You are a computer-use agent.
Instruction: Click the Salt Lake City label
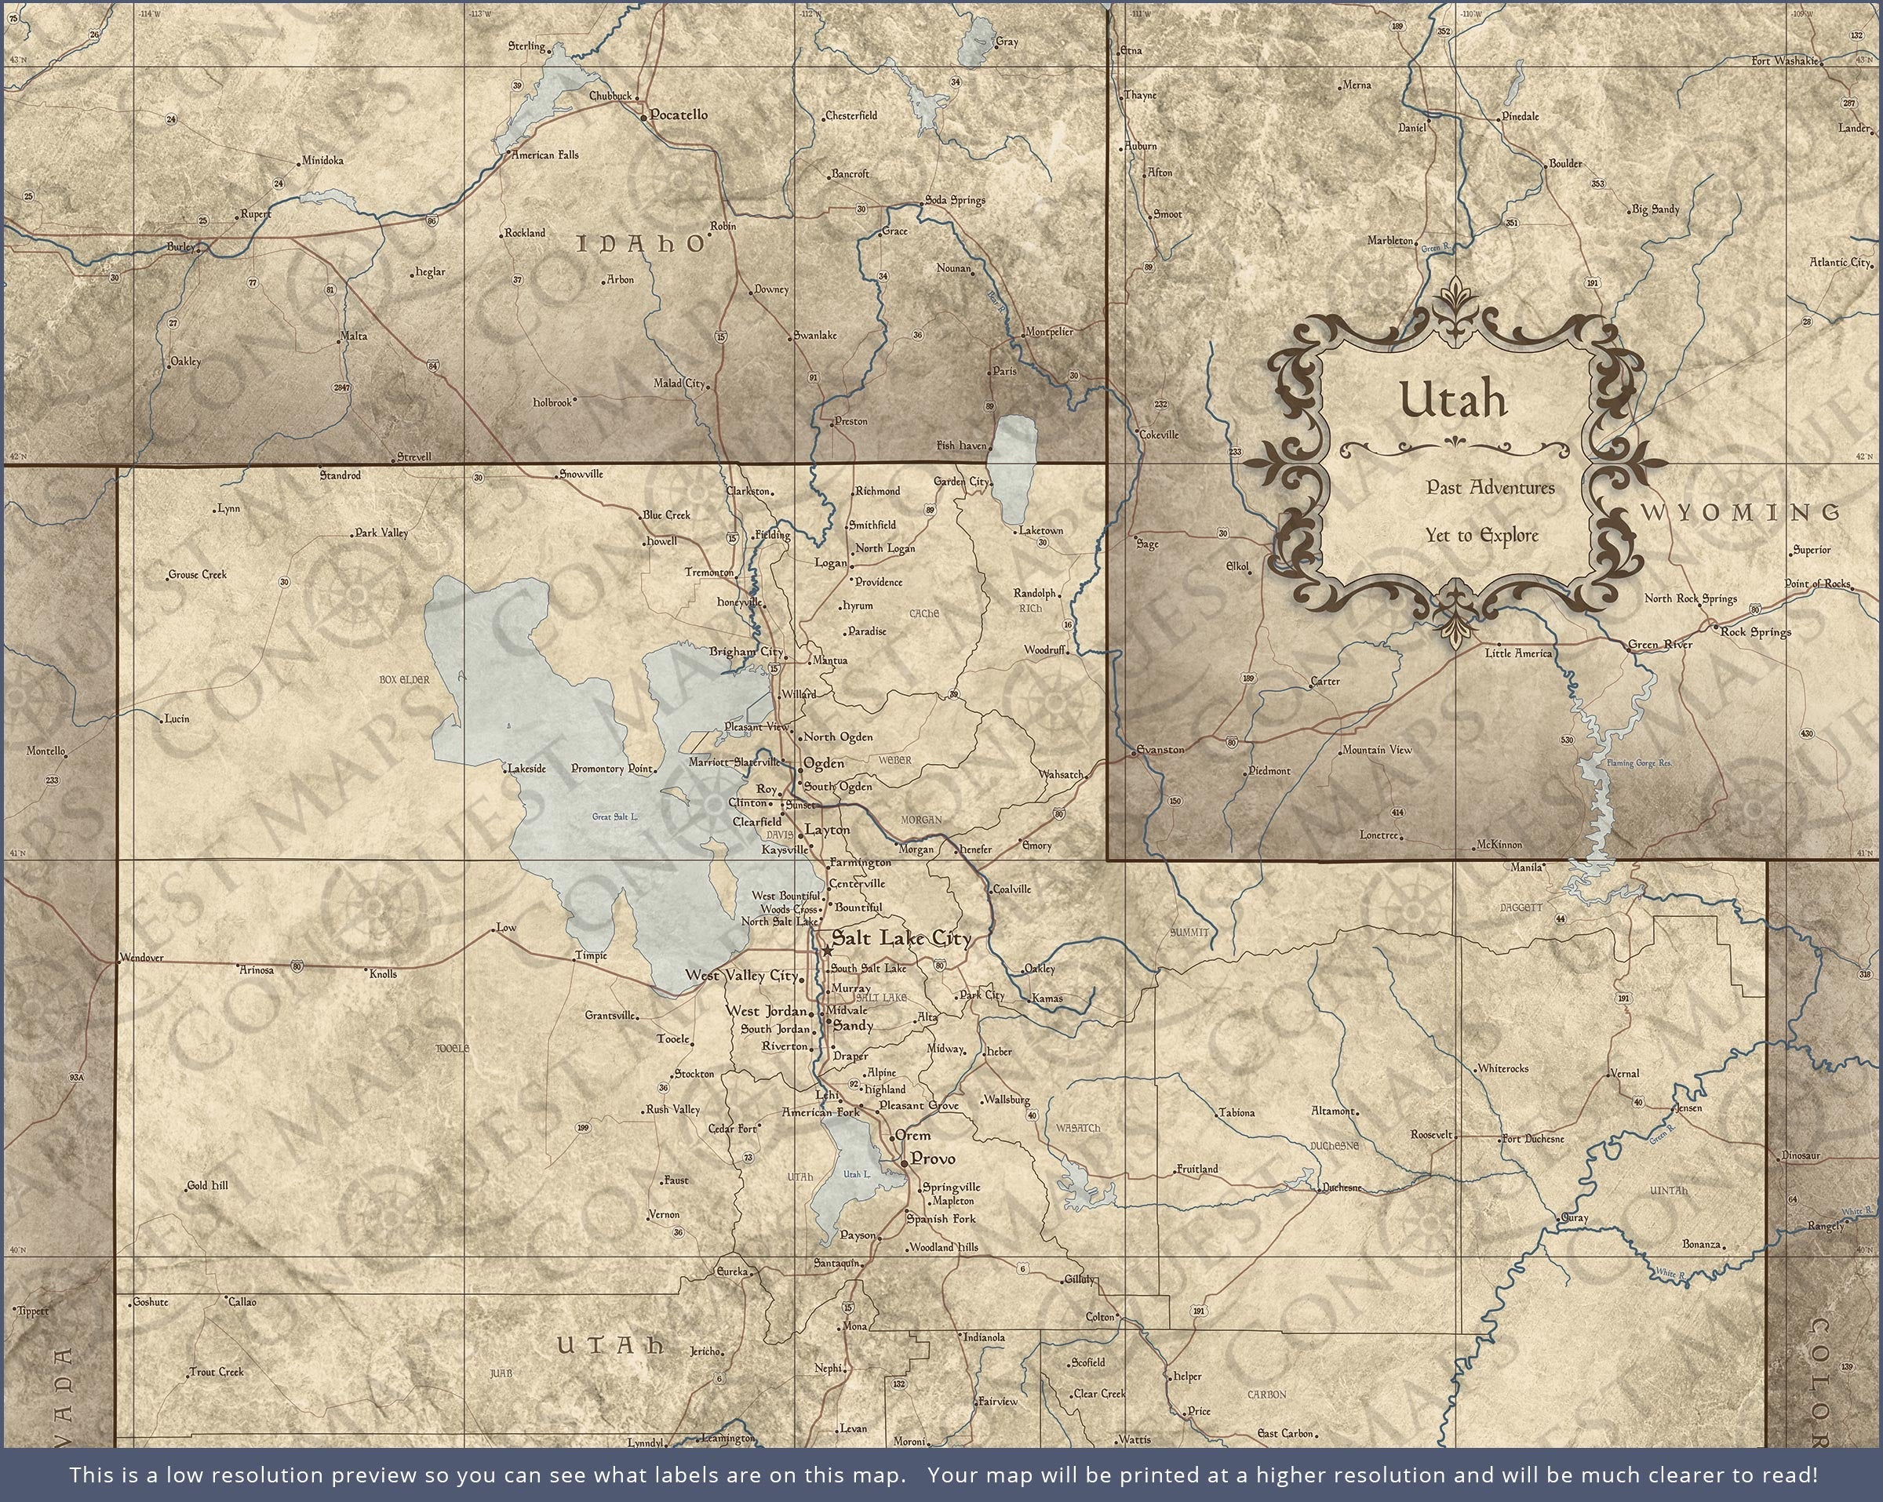901,939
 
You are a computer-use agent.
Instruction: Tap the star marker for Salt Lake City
826,949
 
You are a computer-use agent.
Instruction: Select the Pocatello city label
679,115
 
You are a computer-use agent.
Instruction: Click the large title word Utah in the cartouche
1453,400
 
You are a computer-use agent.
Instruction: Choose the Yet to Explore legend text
1481,535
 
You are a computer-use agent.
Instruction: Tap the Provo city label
933,1158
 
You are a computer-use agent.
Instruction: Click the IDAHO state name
641,245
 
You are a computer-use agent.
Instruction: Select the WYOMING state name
1741,513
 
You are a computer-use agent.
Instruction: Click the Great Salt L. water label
615,816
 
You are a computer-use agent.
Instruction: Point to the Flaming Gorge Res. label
1638,763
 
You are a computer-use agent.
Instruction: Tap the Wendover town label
142,957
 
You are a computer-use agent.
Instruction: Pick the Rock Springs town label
1755,631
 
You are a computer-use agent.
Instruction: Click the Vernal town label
1625,1073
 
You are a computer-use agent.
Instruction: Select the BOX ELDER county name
404,679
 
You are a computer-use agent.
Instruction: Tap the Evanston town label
1160,749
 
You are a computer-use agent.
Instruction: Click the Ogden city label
824,763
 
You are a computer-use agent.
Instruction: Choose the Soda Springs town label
955,200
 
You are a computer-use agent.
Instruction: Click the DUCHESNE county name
1335,1145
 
